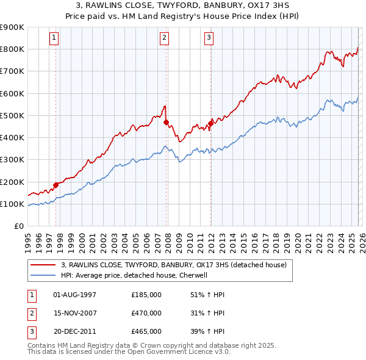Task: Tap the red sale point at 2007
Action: tap(166, 122)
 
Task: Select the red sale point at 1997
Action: tap(56, 185)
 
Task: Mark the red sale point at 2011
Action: tap(210, 123)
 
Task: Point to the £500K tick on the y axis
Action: tap(12, 115)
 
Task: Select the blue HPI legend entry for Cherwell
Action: tap(135, 275)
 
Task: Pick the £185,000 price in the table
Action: tap(146, 295)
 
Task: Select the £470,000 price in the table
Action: tap(146, 313)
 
